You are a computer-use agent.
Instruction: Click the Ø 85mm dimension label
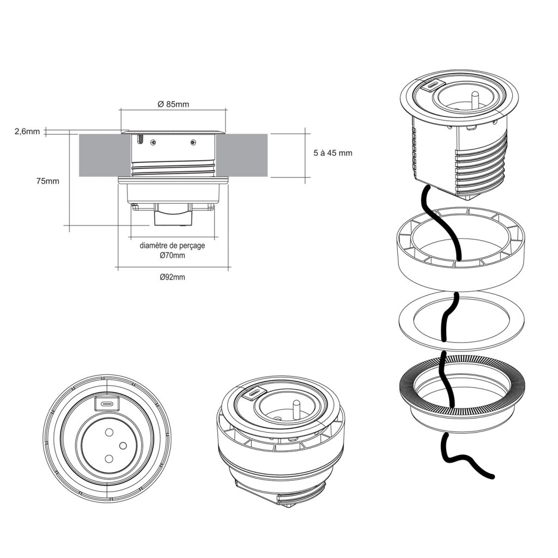tap(173, 105)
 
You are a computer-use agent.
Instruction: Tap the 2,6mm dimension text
tap(27, 131)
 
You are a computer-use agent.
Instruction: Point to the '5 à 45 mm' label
tap(333, 153)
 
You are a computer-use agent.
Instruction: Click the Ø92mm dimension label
tap(173, 277)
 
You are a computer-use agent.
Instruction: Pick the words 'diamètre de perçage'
tap(172, 246)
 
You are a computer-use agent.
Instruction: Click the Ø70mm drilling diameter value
tap(172, 256)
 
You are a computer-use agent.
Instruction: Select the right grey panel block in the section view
tap(244, 155)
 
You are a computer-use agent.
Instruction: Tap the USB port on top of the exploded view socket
tap(432, 85)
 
